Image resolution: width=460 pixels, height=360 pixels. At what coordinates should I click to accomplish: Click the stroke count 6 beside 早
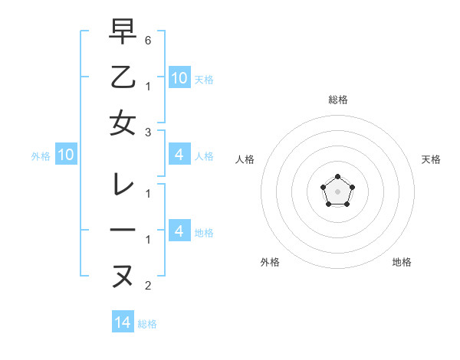(x=148, y=38)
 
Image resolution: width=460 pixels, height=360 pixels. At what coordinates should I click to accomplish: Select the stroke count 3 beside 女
(x=148, y=132)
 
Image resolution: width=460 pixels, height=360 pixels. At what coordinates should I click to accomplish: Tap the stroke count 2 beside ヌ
(x=148, y=286)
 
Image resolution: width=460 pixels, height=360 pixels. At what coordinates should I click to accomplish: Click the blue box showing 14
(x=123, y=322)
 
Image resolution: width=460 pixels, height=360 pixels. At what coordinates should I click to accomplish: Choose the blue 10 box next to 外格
(x=65, y=155)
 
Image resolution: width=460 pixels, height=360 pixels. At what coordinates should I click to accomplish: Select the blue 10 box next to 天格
(x=179, y=77)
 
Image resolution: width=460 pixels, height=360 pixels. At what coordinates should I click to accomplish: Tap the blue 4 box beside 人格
(x=179, y=155)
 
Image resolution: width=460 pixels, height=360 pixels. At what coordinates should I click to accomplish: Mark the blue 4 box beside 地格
(x=179, y=231)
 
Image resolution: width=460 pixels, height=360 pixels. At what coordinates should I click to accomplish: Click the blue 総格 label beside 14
(x=147, y=324)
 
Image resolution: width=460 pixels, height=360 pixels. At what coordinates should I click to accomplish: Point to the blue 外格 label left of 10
(x=41, y=156)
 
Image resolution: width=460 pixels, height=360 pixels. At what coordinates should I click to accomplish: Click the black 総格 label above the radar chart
(x=338, y=100)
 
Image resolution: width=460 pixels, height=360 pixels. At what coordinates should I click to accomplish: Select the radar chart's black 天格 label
(x=432, y=159)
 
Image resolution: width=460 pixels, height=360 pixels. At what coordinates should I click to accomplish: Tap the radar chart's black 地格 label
(x=402, y=262)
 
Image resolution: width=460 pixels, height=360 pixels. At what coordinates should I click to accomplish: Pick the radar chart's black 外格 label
(x=270, y=262)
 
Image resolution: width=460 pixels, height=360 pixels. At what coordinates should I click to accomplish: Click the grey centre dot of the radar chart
(x=337, y=191)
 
